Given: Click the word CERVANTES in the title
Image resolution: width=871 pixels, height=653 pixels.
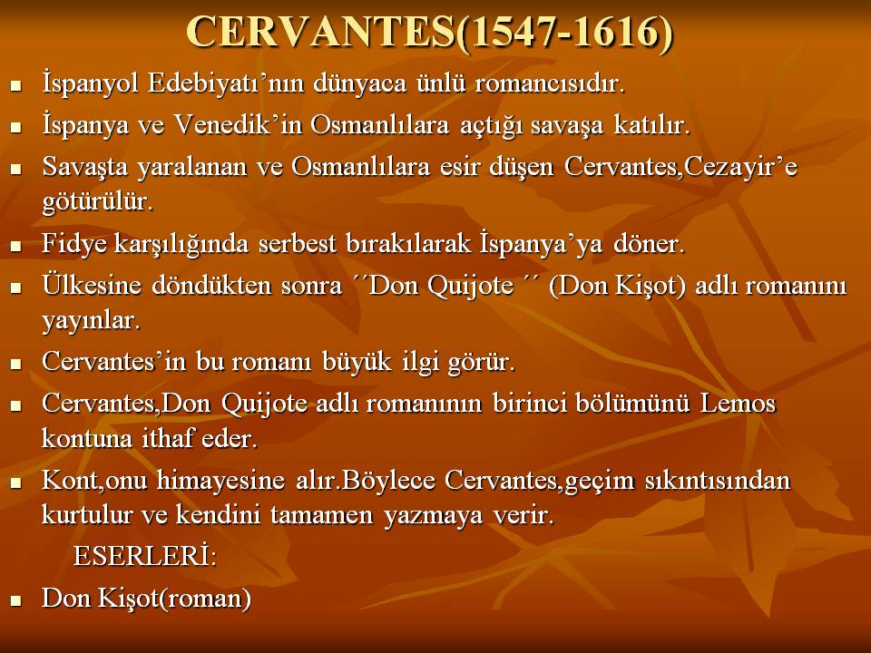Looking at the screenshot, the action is point(321,32).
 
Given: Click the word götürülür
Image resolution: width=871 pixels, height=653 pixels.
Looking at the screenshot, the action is point(98,201).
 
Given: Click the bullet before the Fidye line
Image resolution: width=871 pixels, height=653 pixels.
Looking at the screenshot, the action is point(15,246).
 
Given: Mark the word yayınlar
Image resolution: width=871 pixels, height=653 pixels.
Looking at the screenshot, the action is point(91,321).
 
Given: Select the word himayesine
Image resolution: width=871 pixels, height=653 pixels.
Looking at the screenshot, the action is point(220,480).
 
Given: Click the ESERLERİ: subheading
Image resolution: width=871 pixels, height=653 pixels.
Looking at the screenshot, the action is point(145,556).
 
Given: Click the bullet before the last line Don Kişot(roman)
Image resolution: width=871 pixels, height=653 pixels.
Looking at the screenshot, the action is point(15,600).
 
